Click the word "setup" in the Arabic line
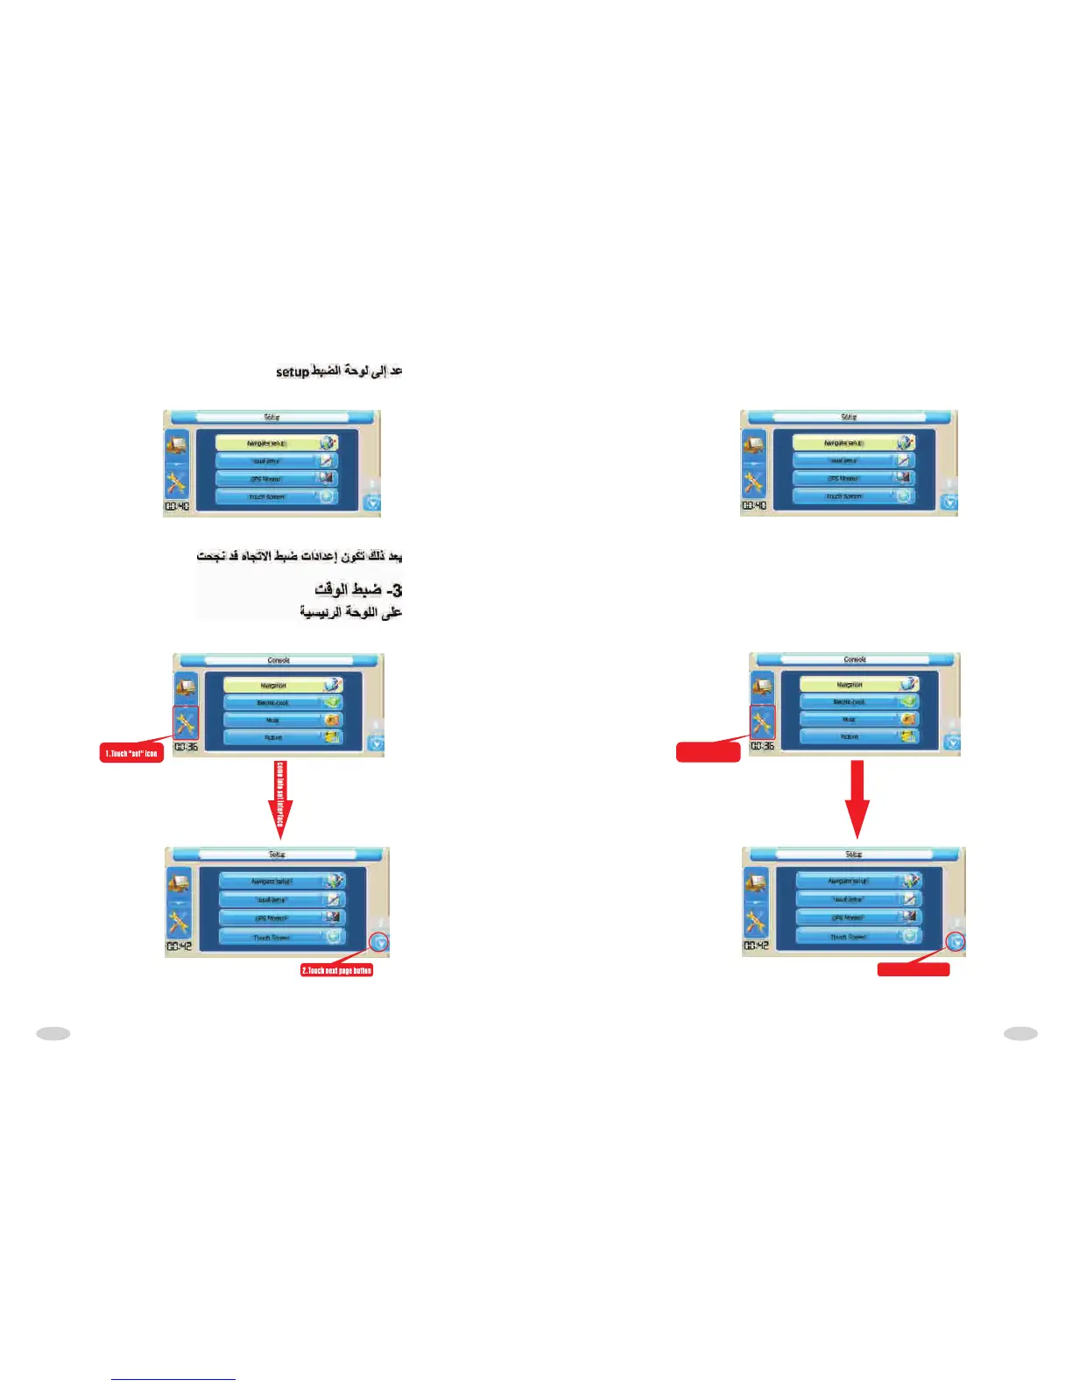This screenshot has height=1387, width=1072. coord(292,372)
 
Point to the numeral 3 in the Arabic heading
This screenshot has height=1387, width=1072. coord(397,589)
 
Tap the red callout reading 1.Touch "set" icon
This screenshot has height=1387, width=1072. coord(132,753)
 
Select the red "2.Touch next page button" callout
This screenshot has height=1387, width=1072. coord(337,970)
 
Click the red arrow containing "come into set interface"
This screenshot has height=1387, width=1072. coord(280,797)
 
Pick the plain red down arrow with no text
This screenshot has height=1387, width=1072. coord(858,797)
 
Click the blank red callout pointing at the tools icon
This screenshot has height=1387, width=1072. coord(709,751)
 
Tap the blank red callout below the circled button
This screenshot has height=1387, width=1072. coord(913,969)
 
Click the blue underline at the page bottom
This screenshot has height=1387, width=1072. coord(173,1379)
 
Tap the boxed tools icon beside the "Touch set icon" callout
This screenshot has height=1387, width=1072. coord(186,723)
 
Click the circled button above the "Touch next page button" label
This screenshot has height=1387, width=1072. coord(379,943)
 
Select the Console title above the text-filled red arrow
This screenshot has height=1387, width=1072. coord(279,660)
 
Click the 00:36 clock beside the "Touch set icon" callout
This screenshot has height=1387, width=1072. coord(186,747)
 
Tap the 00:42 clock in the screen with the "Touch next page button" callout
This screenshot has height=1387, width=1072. coord(180,947)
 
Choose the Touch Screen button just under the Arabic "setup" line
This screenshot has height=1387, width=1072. coord(267,496)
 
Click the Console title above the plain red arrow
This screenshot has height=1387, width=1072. coord(855,659)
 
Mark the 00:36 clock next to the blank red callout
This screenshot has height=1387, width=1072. coord(762,746)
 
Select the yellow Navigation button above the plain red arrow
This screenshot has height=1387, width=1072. coord(849,684)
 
